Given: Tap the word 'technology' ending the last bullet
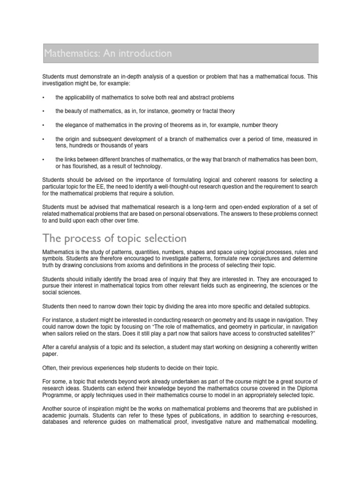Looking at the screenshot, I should (x=147, y=166).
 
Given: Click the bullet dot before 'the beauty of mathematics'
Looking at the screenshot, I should (x=43, y=112).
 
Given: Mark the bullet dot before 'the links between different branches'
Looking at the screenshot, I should (x=43, y=160).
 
